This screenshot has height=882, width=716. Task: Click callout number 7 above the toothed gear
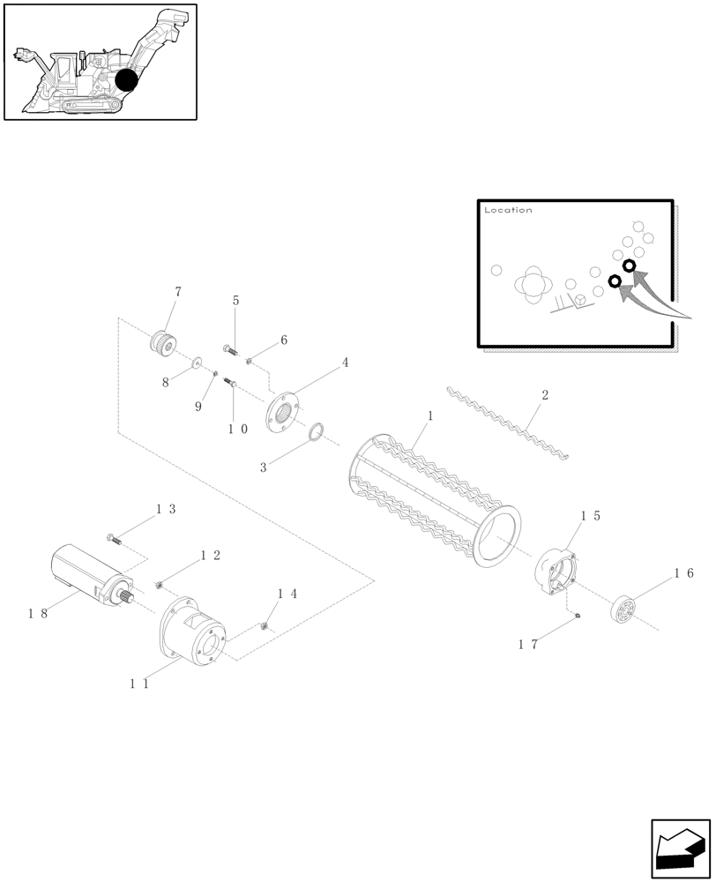(177, 291)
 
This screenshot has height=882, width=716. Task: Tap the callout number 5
(235, 301)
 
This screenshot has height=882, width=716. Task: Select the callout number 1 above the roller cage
(429, 415)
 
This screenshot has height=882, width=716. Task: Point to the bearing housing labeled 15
(555, 570)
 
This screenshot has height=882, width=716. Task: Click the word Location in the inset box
(508, 211)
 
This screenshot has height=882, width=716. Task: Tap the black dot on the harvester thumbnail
(127, 80)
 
